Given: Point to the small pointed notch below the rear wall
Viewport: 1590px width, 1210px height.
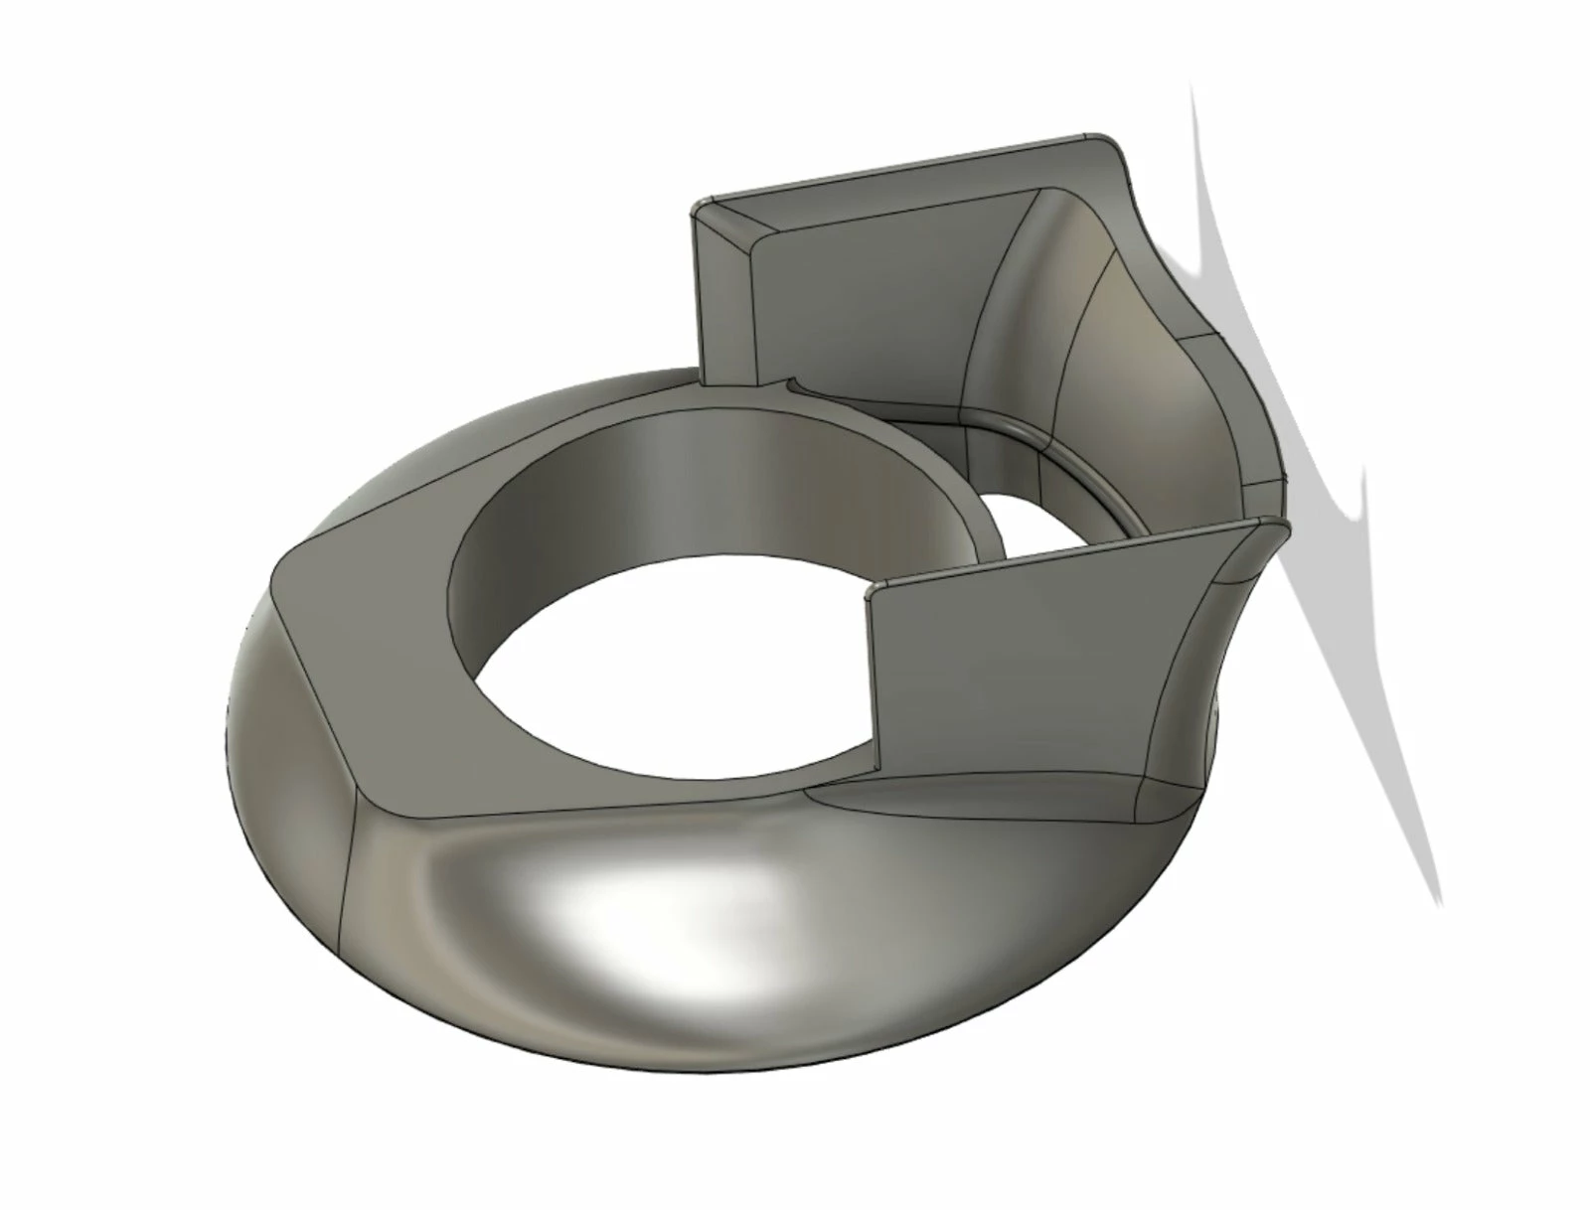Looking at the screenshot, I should [x=791, y=379].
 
